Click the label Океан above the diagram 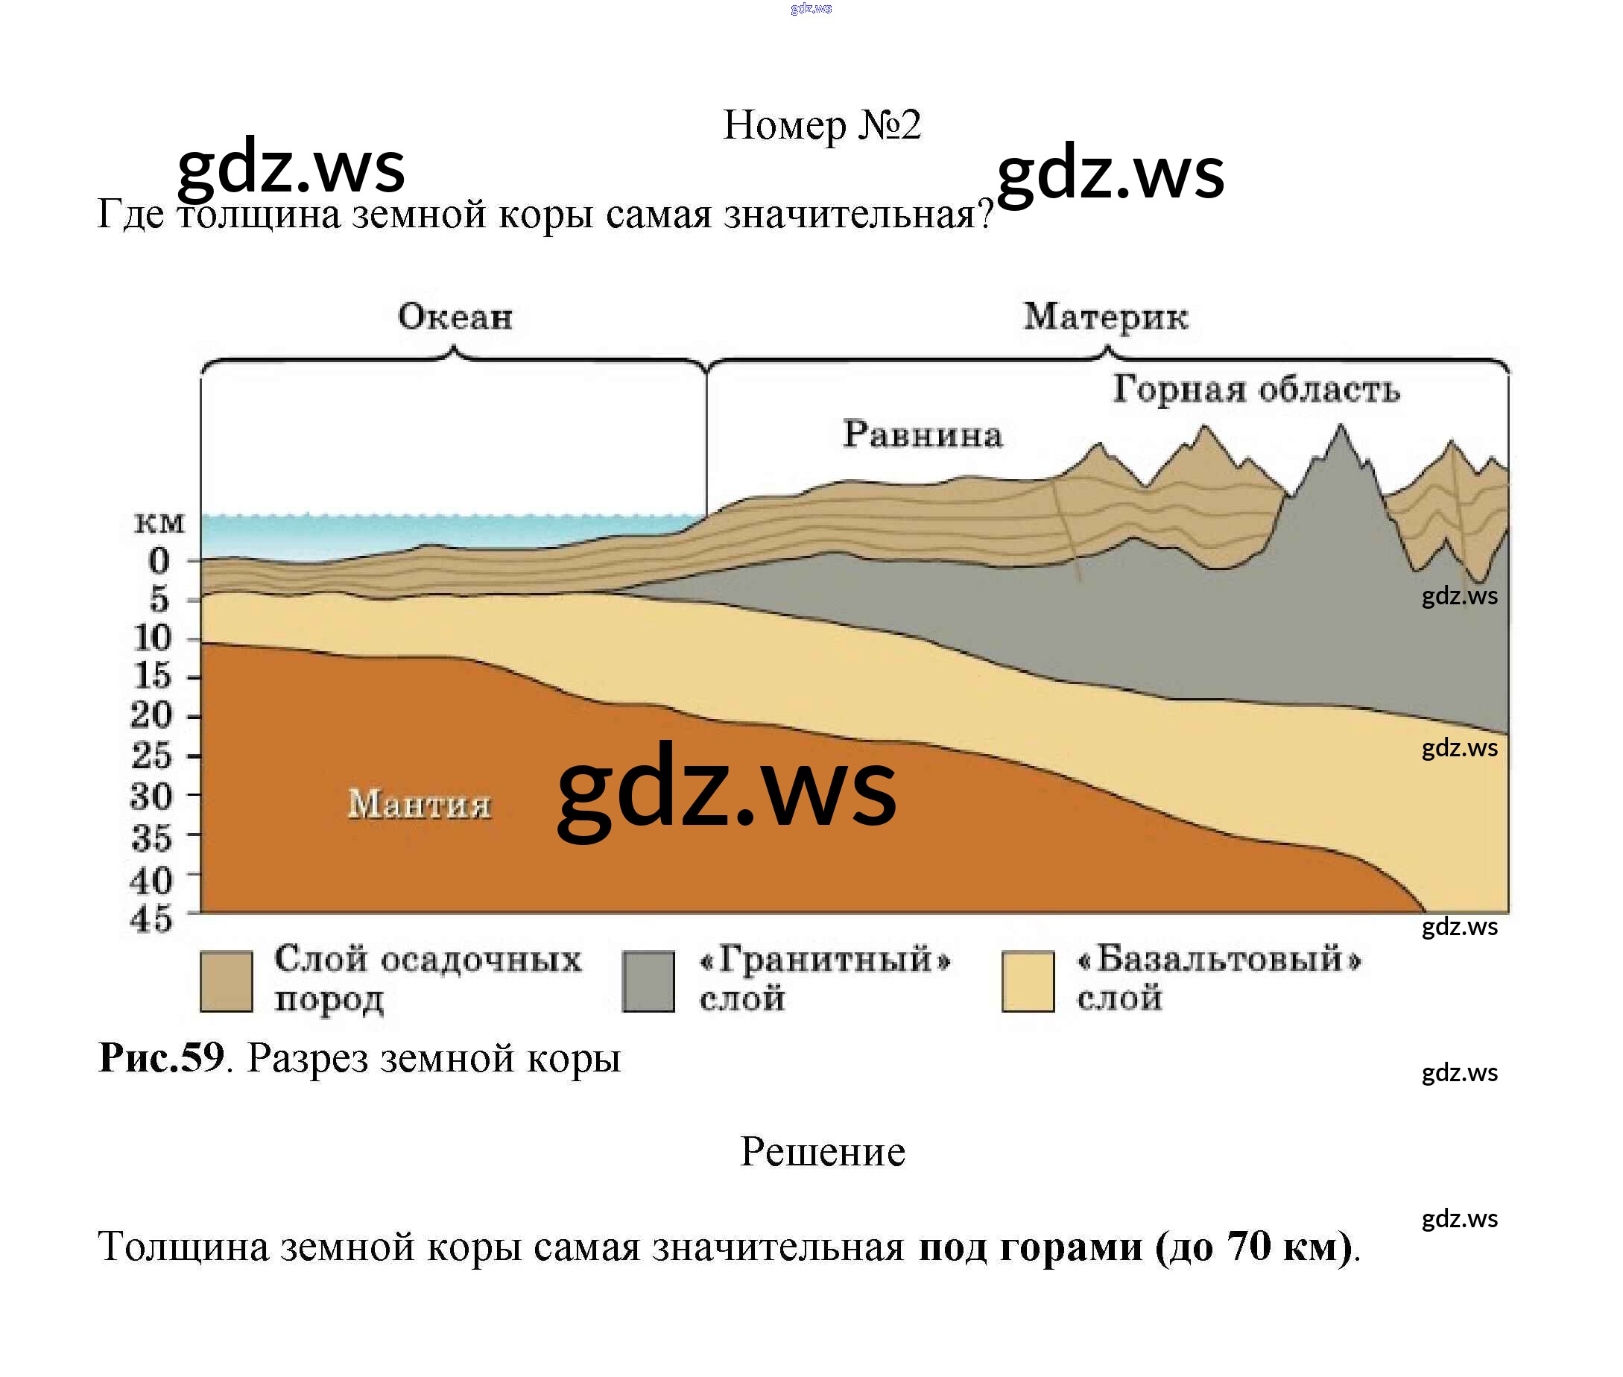click(455, 317)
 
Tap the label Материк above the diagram click(1105, 317)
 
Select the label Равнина click(922, 434)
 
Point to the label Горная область click(1256, 389)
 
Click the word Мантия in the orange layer click(420, 803)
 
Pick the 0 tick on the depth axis click(159, 560)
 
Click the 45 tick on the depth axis click(151, 919)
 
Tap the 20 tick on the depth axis click(151, 715)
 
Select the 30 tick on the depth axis click(151, 797)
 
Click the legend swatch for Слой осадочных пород click(227, 981)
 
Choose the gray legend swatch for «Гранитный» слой click(648, 981)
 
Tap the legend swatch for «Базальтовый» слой click(1028, 981)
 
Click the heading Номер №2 click(822, 125)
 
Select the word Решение click(822, 1152)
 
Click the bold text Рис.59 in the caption click(162, 1059)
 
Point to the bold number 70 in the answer click(1249, 1246)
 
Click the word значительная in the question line click(857, 214)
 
